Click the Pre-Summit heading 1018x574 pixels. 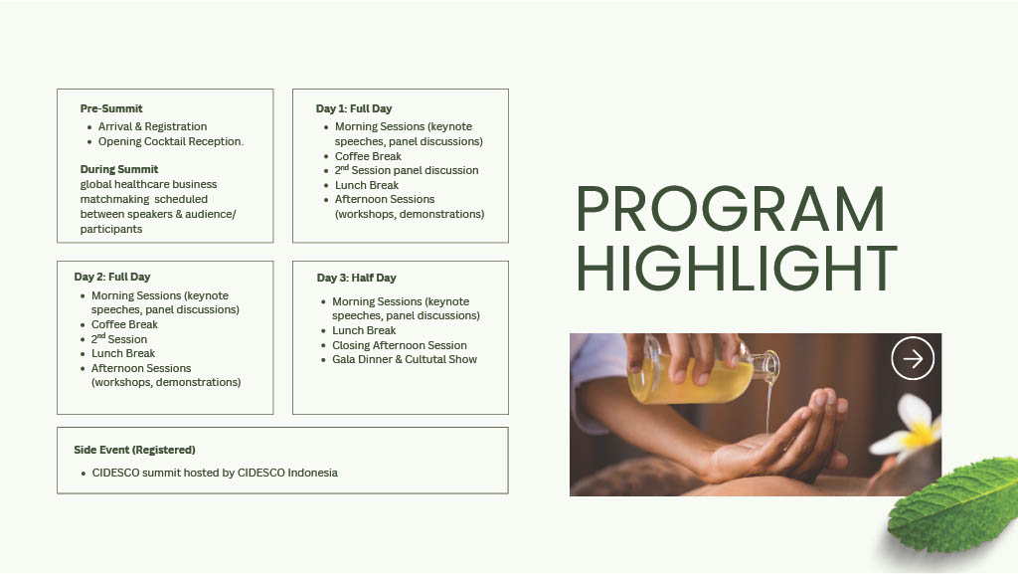[111, 108]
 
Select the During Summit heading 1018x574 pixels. [119, 169]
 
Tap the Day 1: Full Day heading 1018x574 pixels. [354, 108]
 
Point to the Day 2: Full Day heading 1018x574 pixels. [111, 277]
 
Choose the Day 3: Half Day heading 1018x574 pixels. [357, 278]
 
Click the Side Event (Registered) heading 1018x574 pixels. [134, 450]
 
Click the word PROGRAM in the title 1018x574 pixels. [731, 209]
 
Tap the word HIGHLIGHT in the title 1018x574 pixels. [737, 268]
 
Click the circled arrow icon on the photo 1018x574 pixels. [913, 358]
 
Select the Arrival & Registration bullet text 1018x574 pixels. [152, 126]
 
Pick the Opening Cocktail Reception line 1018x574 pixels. [171, 141]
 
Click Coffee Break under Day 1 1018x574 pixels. [368, 156]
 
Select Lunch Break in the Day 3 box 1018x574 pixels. [364, 330]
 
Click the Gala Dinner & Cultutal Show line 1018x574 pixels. [405, 360]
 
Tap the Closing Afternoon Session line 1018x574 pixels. [400, 345]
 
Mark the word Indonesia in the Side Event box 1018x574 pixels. [312, 473]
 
